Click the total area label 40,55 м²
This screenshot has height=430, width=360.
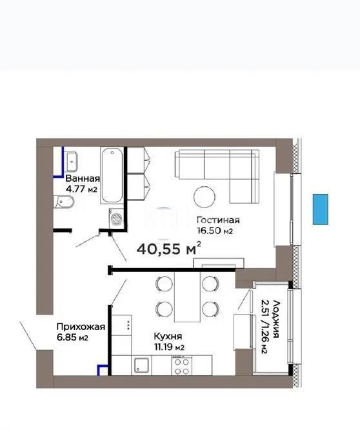coord(169,248)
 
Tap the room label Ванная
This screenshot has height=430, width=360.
coord(83,179)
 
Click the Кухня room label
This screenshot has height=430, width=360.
coord(168,336)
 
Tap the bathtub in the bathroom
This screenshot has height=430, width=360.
coord(112,175)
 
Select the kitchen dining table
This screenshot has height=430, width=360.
coord(187,296)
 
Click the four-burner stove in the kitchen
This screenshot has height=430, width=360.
coord(181,366)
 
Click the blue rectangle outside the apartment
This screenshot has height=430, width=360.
coord(321,208)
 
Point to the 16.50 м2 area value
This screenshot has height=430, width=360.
coord(215,230)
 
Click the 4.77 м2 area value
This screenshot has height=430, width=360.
coord(81,190)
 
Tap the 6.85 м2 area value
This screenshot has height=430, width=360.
coord(72,338)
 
